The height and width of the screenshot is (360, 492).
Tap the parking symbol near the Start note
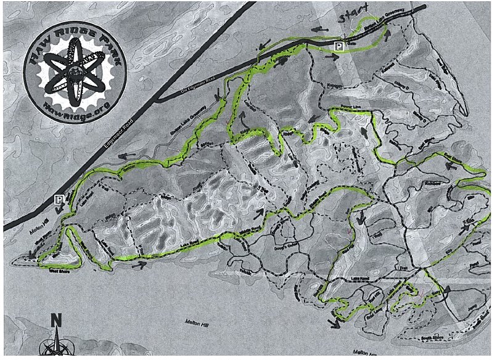click(x=337, y=46)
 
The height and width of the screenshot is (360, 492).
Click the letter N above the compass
click(x=55, y=321)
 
